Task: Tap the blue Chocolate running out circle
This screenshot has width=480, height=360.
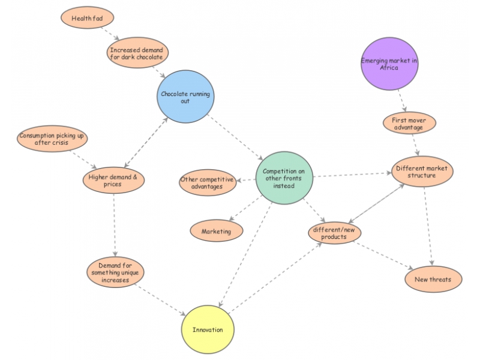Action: (x=185, y=97)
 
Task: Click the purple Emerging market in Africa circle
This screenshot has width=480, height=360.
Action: (x=389, y=64)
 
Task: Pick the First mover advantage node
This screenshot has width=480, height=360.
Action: (x=409, y=124)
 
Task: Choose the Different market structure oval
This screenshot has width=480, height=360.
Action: (x=422, y=172)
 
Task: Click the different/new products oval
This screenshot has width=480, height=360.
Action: (x=334, y=233)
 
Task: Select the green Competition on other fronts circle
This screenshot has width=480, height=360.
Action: (x=284, y=178)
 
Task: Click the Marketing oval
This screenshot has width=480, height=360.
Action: (x=217, y=231)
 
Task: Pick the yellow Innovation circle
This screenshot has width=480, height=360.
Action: (x=208, y=330)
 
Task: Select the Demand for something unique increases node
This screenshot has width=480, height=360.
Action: (x=114, y=272)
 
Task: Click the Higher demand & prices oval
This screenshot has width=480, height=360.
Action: (x=113, y=181)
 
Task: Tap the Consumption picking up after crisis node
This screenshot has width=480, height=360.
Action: (x=52, y=139)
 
